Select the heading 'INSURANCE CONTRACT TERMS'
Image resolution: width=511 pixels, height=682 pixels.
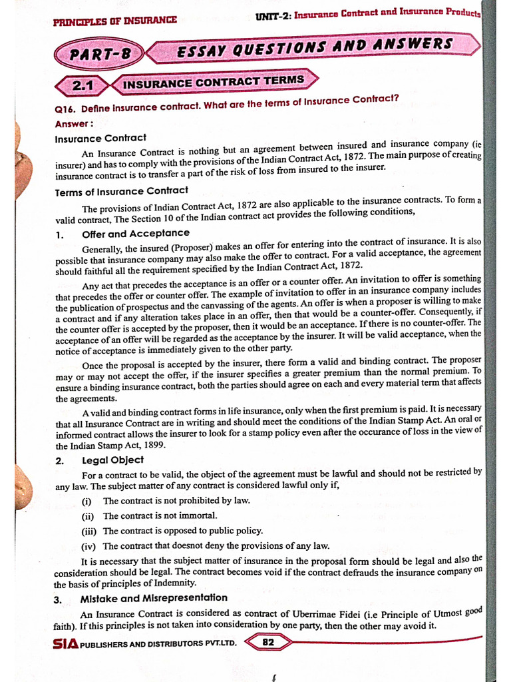[214, 82]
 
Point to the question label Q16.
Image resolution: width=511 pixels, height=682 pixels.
[65, 109]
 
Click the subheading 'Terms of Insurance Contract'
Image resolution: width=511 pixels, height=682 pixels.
[121, 191]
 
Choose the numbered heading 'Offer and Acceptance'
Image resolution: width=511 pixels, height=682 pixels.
[135, 234]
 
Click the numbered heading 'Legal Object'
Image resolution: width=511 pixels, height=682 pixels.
[112, 460]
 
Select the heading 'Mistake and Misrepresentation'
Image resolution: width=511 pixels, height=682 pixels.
[154, 598]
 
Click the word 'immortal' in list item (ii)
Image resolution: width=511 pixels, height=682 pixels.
[198, 515]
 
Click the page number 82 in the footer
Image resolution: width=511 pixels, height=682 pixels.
[268, 643]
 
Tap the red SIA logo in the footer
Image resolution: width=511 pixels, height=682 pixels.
[65, 644]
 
